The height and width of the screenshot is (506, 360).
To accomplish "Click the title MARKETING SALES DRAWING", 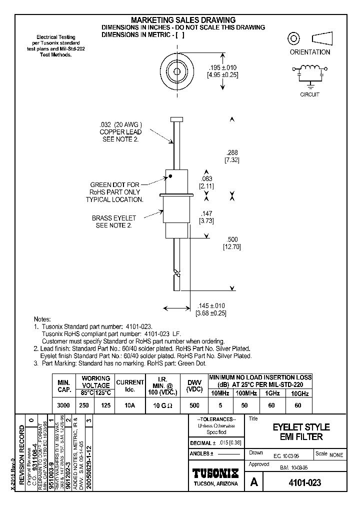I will [x=183, y=20].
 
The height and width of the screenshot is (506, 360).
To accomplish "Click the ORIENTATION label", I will [x=310, y=52].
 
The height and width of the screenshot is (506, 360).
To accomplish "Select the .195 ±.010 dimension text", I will [x=222, y=67].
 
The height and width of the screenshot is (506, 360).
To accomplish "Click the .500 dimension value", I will [x=231, y=239].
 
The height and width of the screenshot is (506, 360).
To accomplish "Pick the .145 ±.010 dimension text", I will [x=212, y=305].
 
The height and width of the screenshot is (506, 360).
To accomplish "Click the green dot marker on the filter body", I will [x=170, y=176].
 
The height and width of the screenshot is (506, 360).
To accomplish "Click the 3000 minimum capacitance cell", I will [x=63, y=406].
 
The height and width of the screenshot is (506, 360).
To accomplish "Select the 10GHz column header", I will [x=299, y=393].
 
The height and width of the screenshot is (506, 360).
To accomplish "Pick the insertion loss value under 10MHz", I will [x=220, y=406].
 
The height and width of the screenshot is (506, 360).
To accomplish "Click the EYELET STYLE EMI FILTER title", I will [x=300, y=432].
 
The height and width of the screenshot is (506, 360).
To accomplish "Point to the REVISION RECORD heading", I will [x=21, y=455].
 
